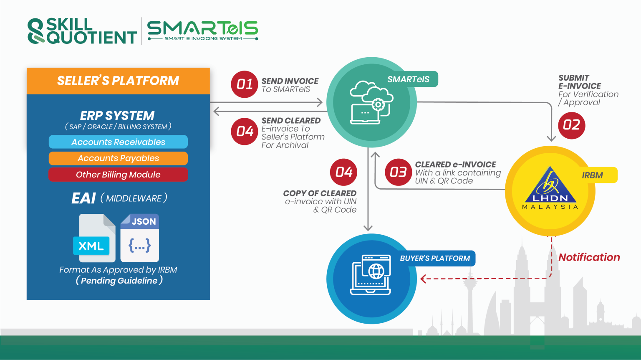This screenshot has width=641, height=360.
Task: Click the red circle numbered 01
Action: (245, 84)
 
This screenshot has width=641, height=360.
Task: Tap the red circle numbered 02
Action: (571, 125)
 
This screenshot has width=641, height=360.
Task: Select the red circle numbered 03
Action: (399, 172)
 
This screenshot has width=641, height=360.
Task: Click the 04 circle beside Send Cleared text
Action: (245, 132)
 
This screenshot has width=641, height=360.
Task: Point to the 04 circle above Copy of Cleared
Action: (343, 172)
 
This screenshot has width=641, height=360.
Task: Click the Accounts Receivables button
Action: (118, 142)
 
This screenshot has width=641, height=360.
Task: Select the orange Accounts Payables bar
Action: (118, 158)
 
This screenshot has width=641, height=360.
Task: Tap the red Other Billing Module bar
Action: (118, 175)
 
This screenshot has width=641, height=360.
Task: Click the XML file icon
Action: (94, 238)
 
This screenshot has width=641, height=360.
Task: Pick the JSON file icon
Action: (140, 238)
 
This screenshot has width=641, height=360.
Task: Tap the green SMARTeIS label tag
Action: (409, 79)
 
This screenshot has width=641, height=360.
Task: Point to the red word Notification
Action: (589, 257)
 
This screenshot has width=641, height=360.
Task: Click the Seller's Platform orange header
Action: (118, 81)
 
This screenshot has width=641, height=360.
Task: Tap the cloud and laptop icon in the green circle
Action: (371, 103)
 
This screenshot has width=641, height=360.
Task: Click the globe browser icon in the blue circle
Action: (371, 275)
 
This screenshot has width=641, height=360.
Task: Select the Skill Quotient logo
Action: (82, 31)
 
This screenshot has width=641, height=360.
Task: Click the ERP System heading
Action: (117, 116)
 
